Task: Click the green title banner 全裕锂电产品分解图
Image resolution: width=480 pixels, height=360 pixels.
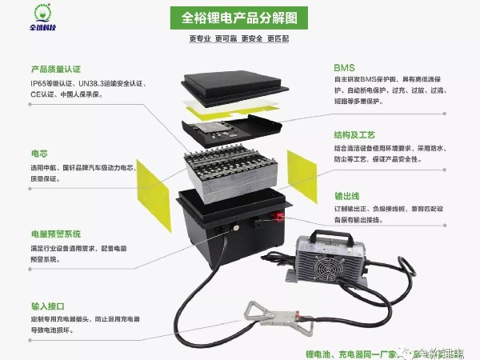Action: click(239, 17)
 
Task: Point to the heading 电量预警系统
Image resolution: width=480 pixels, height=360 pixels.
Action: click(55, 234)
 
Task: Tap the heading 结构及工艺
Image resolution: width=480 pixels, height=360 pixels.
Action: click(355, 135)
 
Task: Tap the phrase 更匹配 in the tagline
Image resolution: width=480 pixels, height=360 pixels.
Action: click(278, 38)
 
